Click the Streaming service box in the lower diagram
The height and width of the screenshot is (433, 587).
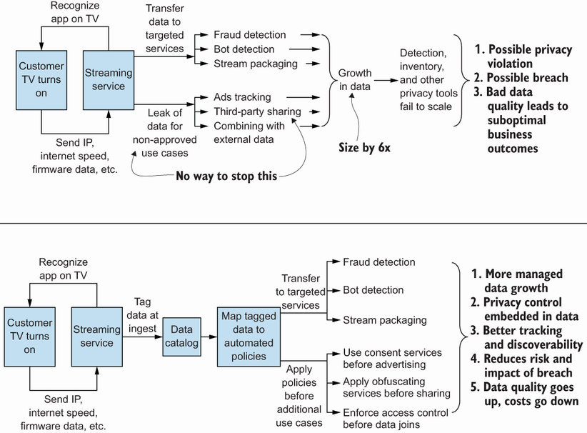point(96,336)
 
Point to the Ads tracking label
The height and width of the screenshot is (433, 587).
point(242,96)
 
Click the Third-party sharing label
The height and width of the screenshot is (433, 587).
point(257,111)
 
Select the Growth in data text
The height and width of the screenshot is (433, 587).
point(355,80)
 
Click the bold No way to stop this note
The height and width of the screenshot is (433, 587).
point(226,176)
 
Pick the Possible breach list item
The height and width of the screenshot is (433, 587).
point(527,78)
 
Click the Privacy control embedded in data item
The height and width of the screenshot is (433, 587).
point(525,309)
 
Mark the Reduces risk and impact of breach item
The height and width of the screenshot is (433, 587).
point(527,365)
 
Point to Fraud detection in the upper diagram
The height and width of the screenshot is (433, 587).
point(250,34)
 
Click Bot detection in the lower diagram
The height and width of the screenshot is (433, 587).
point(373,290)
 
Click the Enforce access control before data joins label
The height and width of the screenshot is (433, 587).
point(396,419)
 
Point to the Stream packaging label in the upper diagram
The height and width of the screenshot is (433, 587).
point(255,64)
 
